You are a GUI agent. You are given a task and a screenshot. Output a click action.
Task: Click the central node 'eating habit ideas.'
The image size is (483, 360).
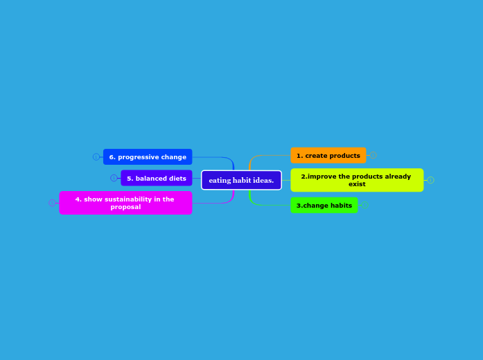click(241, 180)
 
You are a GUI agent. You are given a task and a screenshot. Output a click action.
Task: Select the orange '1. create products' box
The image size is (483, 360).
click(328, 156)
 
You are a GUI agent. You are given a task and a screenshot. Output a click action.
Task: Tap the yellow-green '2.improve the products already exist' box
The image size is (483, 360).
click(357, 180)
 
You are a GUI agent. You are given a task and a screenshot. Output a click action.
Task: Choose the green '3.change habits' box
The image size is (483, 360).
click(324, 206)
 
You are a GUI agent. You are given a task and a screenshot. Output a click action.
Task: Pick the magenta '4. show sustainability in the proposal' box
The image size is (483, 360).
click(125, 203)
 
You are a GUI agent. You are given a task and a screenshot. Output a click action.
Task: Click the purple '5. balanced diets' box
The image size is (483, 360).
click(156, 178)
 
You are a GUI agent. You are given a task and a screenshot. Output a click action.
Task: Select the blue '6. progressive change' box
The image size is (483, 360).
click(148, 157)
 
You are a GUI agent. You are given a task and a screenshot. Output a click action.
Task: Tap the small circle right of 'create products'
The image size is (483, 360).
click(373, 156)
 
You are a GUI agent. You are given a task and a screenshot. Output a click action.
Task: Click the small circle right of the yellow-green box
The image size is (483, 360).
click(430, 180)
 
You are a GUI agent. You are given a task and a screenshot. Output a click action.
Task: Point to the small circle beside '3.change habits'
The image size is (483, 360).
click(365, 205)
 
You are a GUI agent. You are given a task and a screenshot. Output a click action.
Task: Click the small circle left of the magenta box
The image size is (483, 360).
click(52, 203)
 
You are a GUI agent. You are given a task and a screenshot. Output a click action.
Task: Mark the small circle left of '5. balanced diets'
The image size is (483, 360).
click(114, 178)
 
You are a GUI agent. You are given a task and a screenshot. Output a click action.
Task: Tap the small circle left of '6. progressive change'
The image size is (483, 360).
click(96, 157)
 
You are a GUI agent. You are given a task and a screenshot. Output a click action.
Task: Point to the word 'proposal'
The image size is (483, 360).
click(125, 207)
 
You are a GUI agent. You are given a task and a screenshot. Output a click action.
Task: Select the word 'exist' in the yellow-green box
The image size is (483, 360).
click(357, 184)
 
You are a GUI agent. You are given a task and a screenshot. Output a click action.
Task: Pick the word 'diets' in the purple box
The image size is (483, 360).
click(176, 179)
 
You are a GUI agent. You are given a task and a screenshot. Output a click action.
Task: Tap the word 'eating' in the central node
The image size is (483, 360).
click(220, 181)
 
